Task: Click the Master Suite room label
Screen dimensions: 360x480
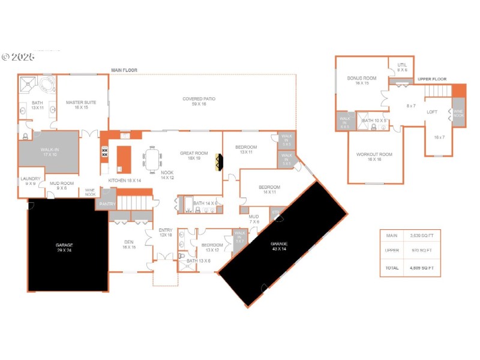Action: click(77, 105)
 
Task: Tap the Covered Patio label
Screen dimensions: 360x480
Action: click(199, 101)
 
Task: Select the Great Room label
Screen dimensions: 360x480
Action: click(194, 155)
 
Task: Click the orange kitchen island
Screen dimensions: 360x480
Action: click(124, 157)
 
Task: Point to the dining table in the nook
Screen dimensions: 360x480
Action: click(152, 159)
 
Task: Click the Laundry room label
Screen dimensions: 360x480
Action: click(30, 181)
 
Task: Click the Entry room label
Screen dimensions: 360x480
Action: click(166, 233)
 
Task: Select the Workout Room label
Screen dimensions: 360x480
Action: click(374, 157)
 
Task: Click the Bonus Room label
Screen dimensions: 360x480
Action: click(361, 80)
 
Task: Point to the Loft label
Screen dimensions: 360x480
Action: click(432, 112)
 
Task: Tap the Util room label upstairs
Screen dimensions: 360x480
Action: click(402, 68)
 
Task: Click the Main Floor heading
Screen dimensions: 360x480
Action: click(124, 70)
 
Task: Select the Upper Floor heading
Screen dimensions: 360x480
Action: click(432, 79)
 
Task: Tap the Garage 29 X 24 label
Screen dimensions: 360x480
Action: click(64, 247)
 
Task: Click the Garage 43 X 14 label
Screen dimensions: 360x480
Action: click(280, 245)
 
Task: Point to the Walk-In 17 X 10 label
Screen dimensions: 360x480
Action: click(49, 152)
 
